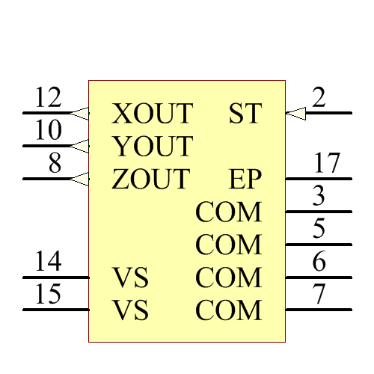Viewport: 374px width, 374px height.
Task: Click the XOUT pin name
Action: [153, 114]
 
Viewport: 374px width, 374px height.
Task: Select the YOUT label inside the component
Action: [153, 147]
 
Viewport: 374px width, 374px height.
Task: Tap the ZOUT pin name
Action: [151, 180]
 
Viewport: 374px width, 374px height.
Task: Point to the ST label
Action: [245, 114]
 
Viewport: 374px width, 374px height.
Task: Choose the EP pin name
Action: [245, 180]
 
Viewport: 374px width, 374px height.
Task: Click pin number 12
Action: [49, 98]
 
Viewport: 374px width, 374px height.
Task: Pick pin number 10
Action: [49, 131]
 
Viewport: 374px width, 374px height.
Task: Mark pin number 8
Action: [55, 164]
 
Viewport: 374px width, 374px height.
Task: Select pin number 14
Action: [49, 262]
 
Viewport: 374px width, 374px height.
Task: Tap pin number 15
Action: [49, 295]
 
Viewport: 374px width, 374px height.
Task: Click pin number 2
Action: [319, 98]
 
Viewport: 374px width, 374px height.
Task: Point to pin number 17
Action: [326, 164]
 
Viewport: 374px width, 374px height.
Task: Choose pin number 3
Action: [319, 197]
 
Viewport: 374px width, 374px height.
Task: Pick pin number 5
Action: [319, 229]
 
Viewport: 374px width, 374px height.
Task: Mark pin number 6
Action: [319, 262]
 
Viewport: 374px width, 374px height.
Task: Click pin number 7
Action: [319, 295]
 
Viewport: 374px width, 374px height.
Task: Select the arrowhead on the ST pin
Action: [295, 114]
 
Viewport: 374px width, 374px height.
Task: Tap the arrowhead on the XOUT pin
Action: [80, 114]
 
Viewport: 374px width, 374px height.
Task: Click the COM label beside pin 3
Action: [229, 212]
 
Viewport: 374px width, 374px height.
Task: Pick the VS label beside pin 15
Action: [131, 310]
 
